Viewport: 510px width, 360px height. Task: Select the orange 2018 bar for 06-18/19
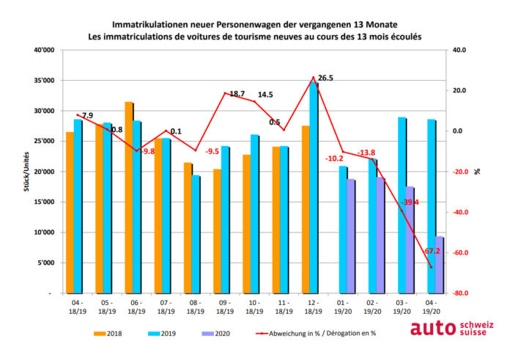(x=129, y=197)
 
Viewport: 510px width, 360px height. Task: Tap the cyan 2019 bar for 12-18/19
(x=314, y=188)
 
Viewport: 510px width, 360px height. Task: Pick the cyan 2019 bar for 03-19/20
(x=402, y=205)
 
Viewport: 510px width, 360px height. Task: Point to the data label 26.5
(x=325, y=78)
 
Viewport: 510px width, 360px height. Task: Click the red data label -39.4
(x=408, y=202)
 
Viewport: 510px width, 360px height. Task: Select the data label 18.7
(x=237, y=95)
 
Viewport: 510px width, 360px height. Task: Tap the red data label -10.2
(x=333, y=158)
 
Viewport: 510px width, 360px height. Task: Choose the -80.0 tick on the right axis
(x=461, y=293)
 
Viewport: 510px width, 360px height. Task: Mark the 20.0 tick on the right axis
(x=460, y=91)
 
